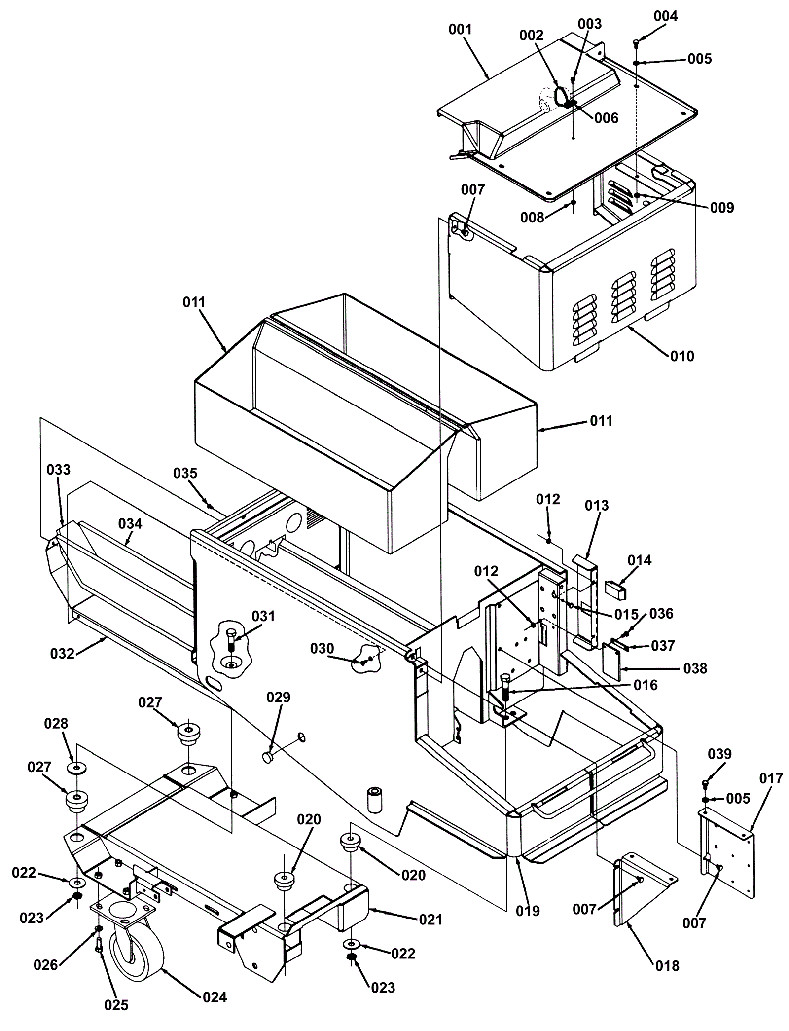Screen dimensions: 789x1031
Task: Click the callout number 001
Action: click(x=460, y=30)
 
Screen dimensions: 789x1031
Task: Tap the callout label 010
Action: click(x=682, y=356)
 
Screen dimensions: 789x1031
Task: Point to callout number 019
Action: click(x=528, y=911)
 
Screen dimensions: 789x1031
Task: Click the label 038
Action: click(x=695, y=668)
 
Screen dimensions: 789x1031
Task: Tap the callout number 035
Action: click(x=185, y=473)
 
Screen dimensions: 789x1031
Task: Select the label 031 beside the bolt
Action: click(x=263, y=616)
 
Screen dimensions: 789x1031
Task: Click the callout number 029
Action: click(x=279, y=697)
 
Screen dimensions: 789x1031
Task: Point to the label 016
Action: click(x=646, y=685)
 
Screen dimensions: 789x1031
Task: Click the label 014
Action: click(x=640, y=560)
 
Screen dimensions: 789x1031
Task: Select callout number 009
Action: click(x=722, y=208)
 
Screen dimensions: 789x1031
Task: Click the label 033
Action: click(x=59, y=470)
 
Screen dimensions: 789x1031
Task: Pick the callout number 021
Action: click(x=430, y=920)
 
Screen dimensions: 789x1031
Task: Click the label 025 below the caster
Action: click(x=116, y=1005)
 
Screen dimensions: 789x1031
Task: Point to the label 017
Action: click(x=771, y=778)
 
